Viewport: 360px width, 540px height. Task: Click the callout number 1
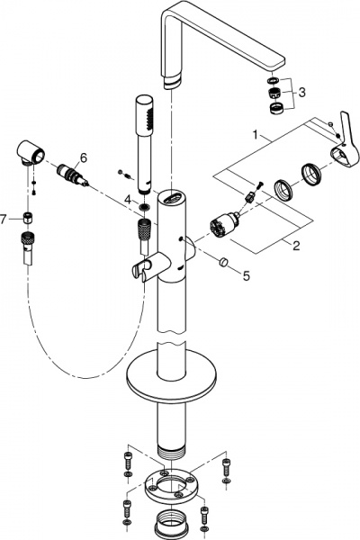(257, 138)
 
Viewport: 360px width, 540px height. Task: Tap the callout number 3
(302, 93)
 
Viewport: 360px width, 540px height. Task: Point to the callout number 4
(127, 199)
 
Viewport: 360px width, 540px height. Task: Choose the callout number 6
(83, 157)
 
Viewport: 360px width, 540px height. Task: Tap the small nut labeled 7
(29, 218)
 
